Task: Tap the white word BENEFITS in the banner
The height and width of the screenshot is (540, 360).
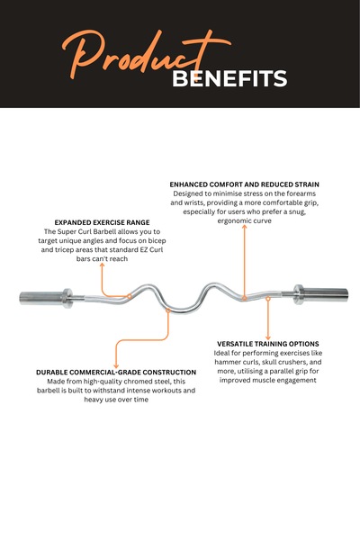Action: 229,78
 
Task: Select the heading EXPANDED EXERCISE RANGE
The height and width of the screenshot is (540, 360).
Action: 102,222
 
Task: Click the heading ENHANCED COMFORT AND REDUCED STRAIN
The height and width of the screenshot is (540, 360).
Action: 244,184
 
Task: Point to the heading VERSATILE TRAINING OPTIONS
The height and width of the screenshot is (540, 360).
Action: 268,344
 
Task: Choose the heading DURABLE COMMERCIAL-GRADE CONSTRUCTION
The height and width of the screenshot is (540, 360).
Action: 116,373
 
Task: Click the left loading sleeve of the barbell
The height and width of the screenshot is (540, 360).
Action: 40,298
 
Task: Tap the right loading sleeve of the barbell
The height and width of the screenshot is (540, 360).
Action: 326,293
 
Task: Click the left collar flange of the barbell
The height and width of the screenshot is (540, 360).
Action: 67,298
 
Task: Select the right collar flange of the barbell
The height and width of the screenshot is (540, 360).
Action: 299,294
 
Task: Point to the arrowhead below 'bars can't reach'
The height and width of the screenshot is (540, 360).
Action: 102,265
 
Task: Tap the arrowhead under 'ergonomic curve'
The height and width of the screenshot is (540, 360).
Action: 244,227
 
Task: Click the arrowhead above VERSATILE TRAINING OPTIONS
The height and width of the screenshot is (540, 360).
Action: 268,338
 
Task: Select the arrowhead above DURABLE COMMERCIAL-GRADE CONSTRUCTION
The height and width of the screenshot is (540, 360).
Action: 116,366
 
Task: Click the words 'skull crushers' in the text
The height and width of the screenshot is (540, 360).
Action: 281,363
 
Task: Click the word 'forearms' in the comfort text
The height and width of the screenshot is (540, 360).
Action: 302,193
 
